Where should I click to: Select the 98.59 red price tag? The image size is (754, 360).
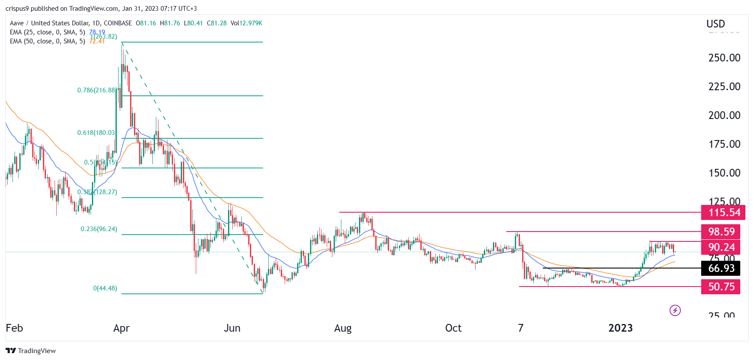[721, 232]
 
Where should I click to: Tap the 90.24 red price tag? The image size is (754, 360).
[721, 247]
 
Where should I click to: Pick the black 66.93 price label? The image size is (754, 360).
[721, 268]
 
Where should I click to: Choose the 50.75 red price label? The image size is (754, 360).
[721, 287]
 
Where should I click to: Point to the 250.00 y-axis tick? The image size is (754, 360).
[724, 58]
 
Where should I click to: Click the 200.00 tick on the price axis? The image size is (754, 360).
[724, 115]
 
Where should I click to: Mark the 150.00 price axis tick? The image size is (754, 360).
[724, 173]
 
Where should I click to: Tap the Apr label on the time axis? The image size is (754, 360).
[122, 328]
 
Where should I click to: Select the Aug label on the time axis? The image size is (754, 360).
[343, 328]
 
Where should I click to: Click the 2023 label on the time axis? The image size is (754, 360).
[620, 328]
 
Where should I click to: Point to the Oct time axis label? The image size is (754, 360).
[453, 328]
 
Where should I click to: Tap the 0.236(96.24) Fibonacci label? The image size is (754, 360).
[99, 229]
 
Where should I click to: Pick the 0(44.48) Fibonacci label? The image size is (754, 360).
[105, 288]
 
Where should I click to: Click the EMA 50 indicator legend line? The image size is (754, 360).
[47, 41]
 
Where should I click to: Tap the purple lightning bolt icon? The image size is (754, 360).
[675, 310]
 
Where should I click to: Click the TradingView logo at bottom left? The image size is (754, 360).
[31, 351]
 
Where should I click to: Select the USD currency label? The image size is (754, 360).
[716, 24]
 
